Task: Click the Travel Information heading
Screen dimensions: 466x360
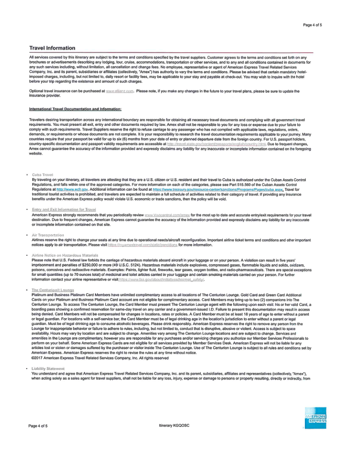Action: coord(52,48)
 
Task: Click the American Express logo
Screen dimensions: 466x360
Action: coord(315,418)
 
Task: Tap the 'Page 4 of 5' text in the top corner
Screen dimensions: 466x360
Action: coord(312,25)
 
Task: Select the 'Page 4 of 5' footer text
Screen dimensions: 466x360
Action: coord(38,426)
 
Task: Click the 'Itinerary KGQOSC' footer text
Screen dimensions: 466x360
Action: coord(175,426)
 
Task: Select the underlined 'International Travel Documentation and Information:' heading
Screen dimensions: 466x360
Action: coord(75,109)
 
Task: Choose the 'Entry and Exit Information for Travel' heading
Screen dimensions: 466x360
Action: coord(64,209)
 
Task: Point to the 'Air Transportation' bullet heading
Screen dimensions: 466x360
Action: coord(48,235)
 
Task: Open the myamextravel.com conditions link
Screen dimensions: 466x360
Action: coord(142,244)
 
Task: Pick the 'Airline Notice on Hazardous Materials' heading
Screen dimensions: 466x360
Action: coord(65,256)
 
